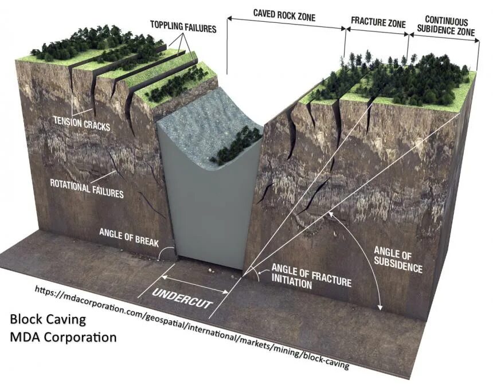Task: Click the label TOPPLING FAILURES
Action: (x=183, y=26)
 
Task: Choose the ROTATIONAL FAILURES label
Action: (x=87, y=189)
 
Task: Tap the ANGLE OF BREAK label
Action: (x=128, y=233)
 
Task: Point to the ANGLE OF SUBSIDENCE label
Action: (x=398, y=259)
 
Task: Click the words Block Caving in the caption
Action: (x=48, y=319)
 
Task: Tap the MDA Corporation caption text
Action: (x=63, y=336)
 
